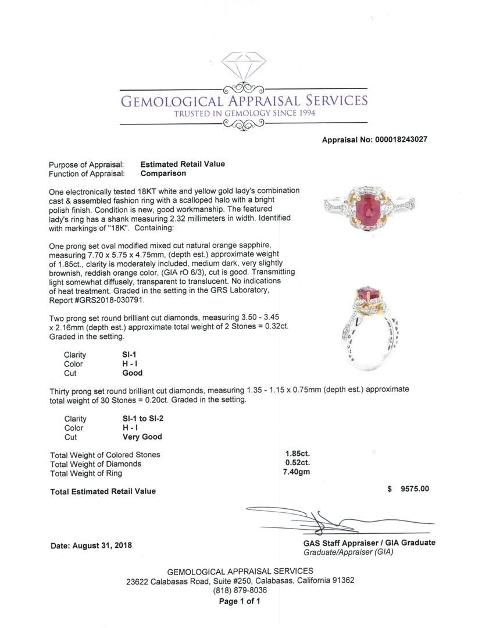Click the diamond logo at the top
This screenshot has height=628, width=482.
(x=243, y=70)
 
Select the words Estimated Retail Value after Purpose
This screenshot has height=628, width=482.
(x=183, y=164)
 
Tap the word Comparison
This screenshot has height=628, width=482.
(x=163, y=173)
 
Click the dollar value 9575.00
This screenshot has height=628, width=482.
(x=414, y=489)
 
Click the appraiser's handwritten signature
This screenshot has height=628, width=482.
(x=326, y=520)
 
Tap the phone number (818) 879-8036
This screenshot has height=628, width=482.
(x=240, y=590)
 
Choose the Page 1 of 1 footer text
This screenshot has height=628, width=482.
(x=240, y=601)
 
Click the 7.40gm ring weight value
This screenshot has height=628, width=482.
(x=297, y=472)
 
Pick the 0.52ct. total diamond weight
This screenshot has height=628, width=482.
(x=297, y=463)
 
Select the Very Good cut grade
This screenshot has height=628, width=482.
(x=142, y=437)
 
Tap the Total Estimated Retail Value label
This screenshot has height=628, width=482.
(x=103, y=491)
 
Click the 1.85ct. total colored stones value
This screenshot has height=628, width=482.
(x=297, y=454)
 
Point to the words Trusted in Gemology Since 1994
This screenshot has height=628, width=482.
(x=245, y=113)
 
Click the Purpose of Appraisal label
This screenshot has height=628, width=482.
(x=87, y=165)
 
